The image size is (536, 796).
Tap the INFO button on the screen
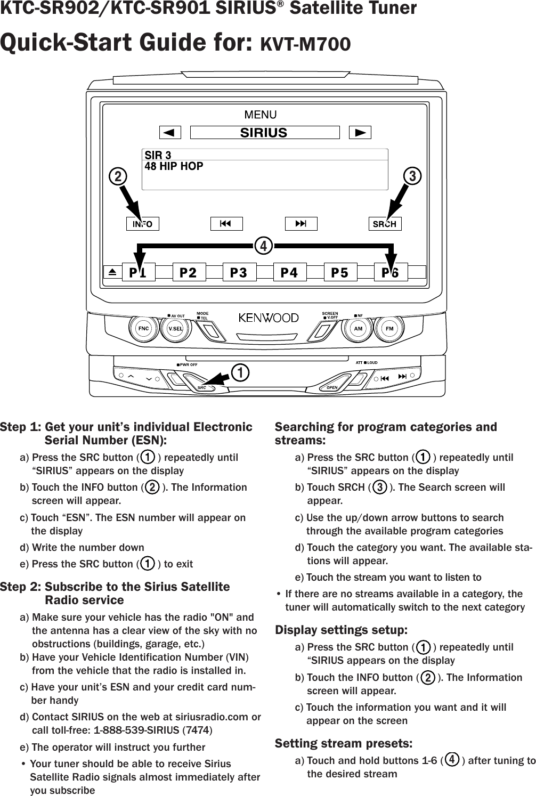point(142,224)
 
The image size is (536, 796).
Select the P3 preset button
point(239,272)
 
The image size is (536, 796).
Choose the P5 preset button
point(339,272)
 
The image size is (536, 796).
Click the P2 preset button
point(188,272)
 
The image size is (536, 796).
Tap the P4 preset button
point(289,272)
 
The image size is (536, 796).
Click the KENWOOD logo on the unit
point(269,318)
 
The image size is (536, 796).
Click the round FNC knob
point(143,329)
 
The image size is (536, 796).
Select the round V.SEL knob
point(175,329)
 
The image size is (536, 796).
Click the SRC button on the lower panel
point(202,387)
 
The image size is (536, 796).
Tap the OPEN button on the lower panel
point(332,387)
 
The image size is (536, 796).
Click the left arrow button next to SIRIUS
point(169,132)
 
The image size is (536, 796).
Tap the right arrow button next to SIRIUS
point(360,132)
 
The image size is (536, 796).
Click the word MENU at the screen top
point(261,115)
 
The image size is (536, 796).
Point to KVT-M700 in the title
point(305,44)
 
